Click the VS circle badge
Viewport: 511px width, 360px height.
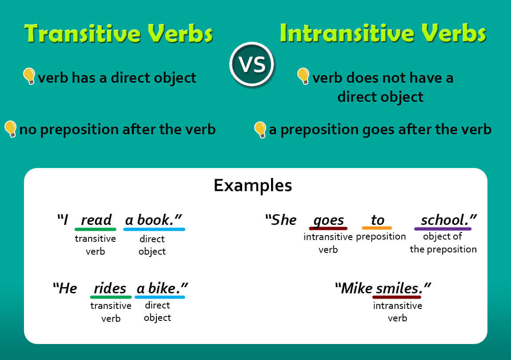point(252,65)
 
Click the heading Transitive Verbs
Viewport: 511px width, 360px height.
point(119,33)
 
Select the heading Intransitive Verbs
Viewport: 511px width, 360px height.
point(383,33)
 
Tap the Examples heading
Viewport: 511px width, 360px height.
point(253,185)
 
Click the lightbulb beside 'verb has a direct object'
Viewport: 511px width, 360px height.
point(29,76)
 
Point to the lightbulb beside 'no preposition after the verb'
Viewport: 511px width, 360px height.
point(10,129)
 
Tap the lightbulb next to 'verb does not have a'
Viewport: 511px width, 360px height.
point(303,76)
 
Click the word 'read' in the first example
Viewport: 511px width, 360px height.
point(96,220)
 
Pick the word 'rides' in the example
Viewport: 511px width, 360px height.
point(110,288)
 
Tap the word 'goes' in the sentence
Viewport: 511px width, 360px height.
point(328,220)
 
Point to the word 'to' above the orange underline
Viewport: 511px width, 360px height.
point(377,220)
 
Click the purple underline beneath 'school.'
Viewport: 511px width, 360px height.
point(443,229)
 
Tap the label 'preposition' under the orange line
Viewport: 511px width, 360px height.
point(381,236)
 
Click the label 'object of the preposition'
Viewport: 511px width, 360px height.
point(443,243)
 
